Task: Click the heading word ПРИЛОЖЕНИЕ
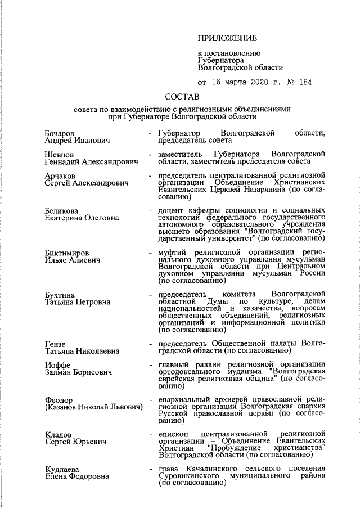tap(227, 38)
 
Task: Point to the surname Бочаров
tap(60, 132)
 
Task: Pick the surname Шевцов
tap(58, 154)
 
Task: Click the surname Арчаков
tap(60, 176)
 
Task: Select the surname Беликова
tap(61, 210)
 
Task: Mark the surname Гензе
tap(55, 344)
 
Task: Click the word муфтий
tap(174, 253)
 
